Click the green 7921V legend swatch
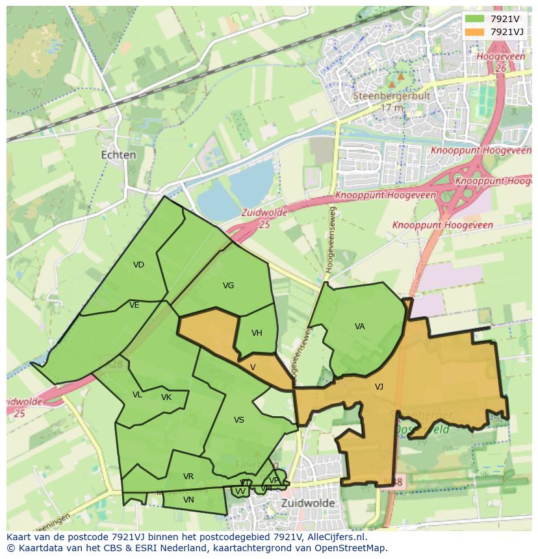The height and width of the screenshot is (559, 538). point(474,19)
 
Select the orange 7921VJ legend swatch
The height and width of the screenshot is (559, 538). point(474,32)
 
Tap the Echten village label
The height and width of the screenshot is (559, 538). point(119,155)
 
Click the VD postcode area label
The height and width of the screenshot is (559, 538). point(138,265)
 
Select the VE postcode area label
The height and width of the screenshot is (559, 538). point(134,305)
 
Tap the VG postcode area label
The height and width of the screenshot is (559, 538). point(228,286)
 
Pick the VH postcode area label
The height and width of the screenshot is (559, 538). point(257,333)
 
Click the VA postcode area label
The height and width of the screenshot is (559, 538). point(360,327)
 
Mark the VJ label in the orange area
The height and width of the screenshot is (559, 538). point(379,387)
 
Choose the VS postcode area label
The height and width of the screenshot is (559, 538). point(239,420)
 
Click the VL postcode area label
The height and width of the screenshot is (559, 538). point(137,395)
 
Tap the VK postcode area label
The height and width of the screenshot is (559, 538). point(166,397)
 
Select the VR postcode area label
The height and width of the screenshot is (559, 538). point(188,477)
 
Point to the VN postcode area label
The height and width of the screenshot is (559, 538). point(188,500)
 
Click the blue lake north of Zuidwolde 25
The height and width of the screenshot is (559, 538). point(234,188)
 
